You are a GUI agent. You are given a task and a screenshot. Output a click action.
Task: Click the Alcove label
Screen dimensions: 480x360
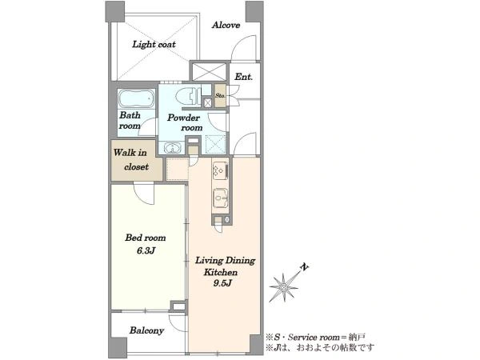(x=226, y=25)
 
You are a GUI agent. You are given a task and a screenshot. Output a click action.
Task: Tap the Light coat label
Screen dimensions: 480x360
(x=154, y=44)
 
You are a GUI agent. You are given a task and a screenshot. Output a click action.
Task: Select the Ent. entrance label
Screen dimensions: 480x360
(x=244, y=77)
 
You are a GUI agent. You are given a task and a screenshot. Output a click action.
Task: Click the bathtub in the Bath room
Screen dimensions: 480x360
(x=136, y=98)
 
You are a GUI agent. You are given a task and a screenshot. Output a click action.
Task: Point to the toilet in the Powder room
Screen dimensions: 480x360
(x=188, y=96)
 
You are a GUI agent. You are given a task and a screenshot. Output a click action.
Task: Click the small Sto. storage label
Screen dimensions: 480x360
(x=220, y=95)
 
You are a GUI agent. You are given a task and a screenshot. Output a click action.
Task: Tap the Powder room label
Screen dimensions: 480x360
(x=185, y=122)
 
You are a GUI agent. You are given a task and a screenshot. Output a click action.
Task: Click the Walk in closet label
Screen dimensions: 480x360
(x=130, y=160)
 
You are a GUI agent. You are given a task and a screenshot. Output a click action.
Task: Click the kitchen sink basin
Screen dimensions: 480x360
(x=221, y=198)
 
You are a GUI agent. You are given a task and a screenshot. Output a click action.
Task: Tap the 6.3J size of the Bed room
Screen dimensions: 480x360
(x=146, y=251)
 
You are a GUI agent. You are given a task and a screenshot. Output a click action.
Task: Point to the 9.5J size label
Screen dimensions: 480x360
(x=222, y=283)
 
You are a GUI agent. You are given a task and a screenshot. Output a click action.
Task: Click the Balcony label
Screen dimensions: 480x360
(x=146, y=330)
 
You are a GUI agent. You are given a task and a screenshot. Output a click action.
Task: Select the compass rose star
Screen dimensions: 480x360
(x=284, y=287)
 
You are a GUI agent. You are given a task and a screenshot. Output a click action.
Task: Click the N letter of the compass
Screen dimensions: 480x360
(x=304, y=267)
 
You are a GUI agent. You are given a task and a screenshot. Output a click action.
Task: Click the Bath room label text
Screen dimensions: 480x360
(x=130, y=121)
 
